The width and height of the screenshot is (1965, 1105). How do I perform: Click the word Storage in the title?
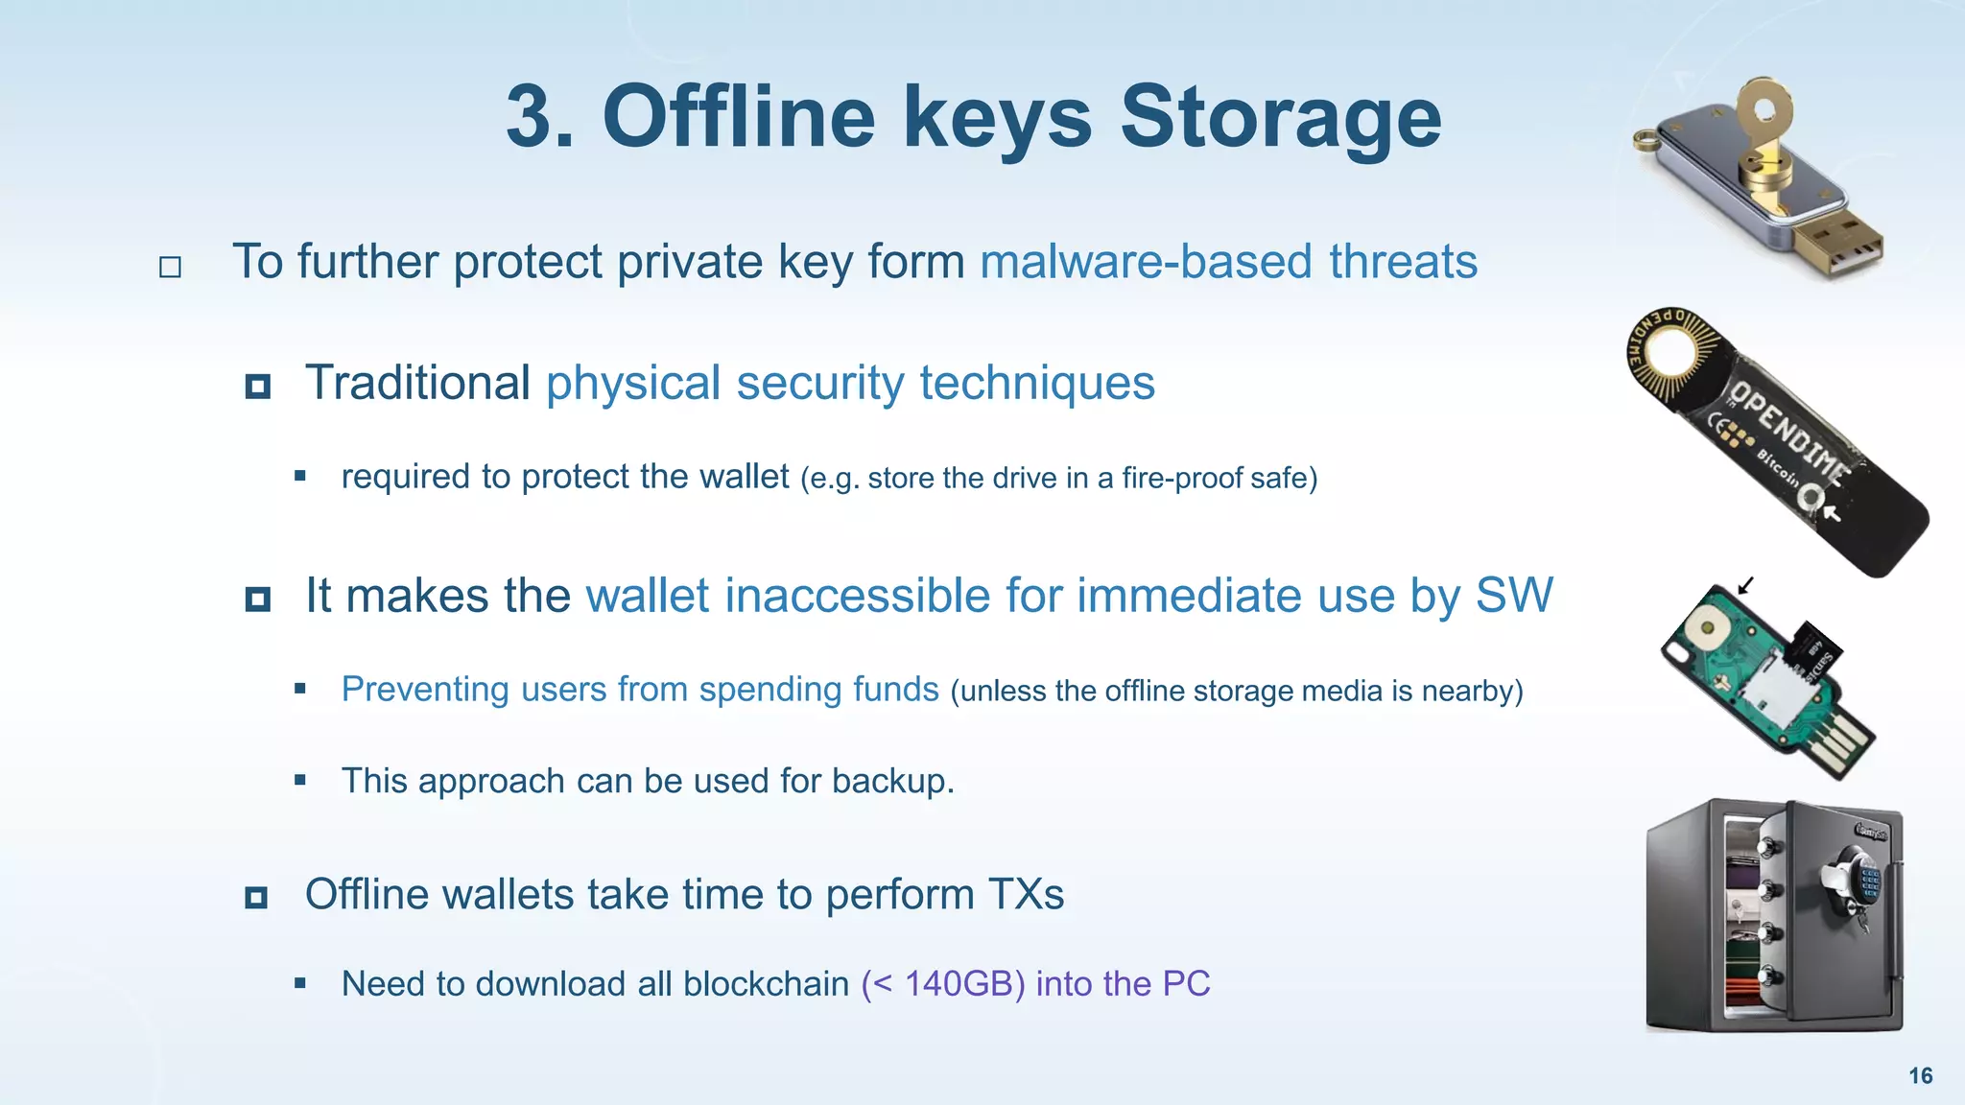point(1281,117)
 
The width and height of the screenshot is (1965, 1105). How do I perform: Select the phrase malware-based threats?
point(1228,262)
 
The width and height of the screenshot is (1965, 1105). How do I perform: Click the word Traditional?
point(417,383)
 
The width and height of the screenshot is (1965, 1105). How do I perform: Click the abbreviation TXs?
point(1026,894)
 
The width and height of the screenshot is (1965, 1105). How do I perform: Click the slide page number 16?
point(1920,1075)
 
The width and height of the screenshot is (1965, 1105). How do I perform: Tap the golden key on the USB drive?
point(1765,134)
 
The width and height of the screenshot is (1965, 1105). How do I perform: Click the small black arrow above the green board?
point(1746,585)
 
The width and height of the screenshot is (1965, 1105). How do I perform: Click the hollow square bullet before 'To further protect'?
point(170,267)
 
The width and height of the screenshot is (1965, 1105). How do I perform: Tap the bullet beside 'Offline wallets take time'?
point(256,898)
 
